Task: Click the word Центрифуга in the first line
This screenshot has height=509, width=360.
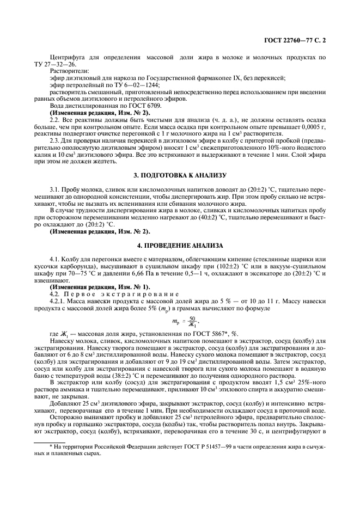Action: point(66,57)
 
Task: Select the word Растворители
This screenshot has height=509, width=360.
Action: point(68,71)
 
